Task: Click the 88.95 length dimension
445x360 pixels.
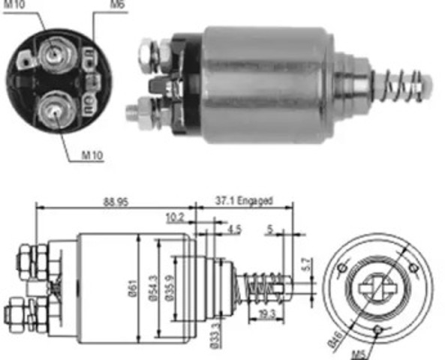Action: click(115, 202)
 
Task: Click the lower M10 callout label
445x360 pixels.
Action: click(92, 156)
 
